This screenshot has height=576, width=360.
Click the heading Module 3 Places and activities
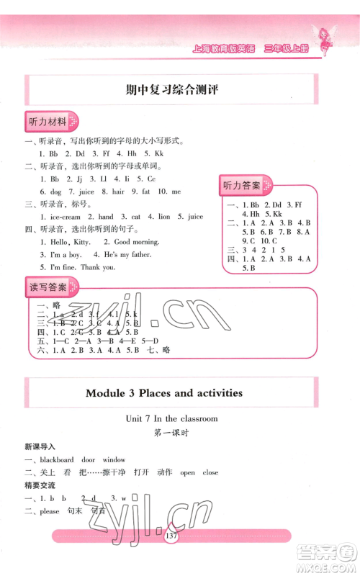(164, 393)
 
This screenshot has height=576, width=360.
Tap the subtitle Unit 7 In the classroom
(171, 418)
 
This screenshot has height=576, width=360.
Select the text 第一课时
(171, 433)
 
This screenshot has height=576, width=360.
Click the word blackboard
(57, 459)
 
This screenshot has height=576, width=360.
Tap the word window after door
(114, 459)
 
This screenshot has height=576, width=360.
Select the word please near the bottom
(50, 511)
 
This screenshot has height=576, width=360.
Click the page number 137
(171, 536)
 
